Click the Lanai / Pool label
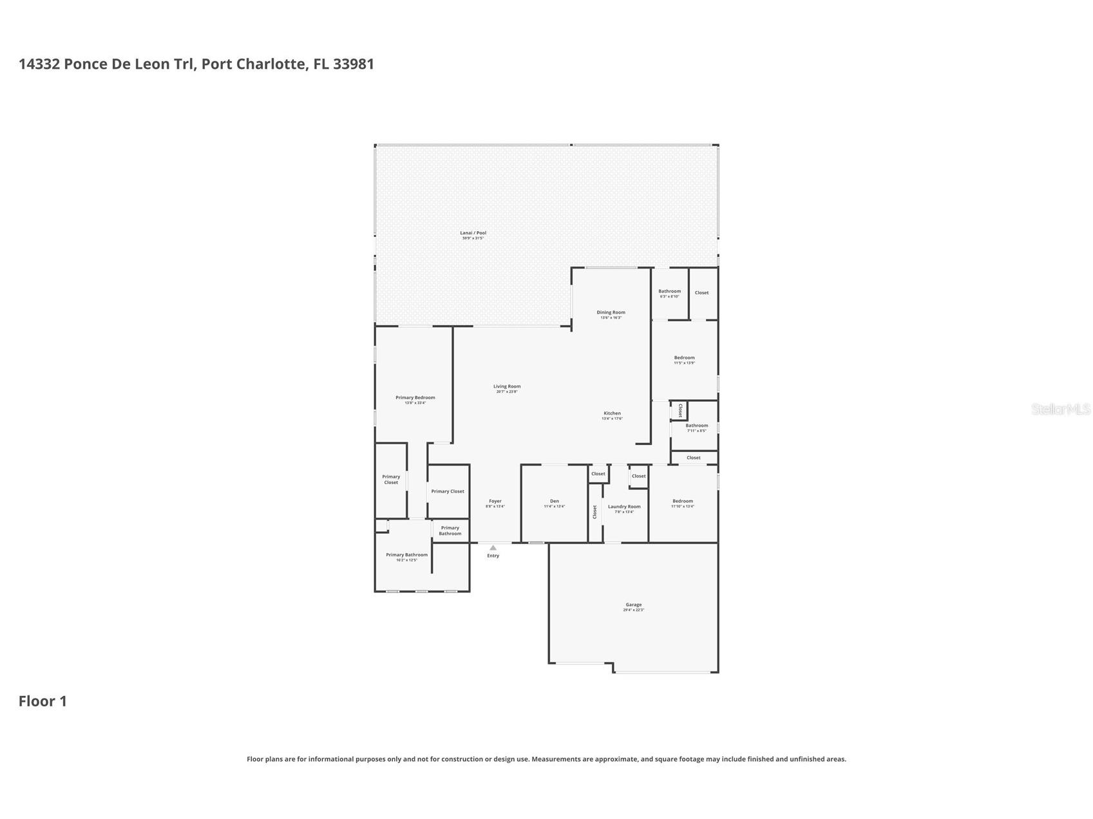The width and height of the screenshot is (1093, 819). coord(473,233)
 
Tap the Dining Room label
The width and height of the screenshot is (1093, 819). coord(611,312)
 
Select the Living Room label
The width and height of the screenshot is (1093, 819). coord(507,386)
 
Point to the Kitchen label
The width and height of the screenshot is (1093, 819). coord(612,413)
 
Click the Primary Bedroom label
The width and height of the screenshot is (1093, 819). coord(415,398)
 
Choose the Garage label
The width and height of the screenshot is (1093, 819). coord(633,605)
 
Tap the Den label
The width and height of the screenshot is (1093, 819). coord(554,501)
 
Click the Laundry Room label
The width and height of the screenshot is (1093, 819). coord(624,507)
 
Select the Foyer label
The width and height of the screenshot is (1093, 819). coord(495,501)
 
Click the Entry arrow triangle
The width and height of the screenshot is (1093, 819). coord(493,548)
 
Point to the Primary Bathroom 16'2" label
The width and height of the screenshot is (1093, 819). coord(406,555)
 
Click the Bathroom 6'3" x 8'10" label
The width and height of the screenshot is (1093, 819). coord(669,292)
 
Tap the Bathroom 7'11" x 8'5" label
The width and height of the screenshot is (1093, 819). coord(696,426)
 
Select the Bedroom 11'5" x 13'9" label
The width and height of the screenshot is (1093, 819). coord(684,358)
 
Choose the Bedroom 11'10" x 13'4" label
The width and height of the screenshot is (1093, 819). coord(682,501)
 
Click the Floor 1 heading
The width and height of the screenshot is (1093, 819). coord(43,701)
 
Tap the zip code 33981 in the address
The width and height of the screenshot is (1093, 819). coord(353,64)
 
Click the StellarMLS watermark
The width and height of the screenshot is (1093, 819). coord(1060,409)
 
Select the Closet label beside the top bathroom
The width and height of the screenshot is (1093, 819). coord(701,293)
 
